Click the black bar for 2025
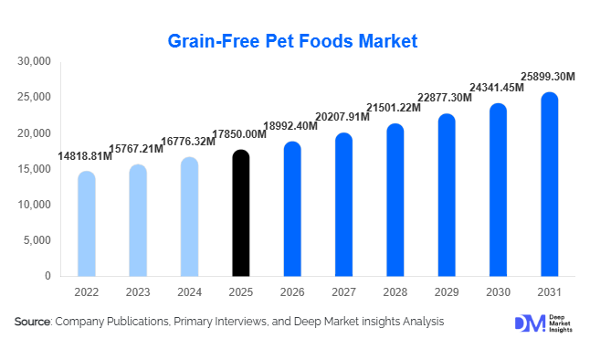tap(240, 214)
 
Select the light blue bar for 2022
tap(86, 224)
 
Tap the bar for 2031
tap(549, 185)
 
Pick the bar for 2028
tap(395, 200)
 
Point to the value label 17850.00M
tap(239, 135)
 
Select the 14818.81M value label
tap(85, 156)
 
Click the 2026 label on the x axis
tap(291, 291)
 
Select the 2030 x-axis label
tap(497, 291)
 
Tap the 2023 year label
tap(137, 291)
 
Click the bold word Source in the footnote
tap(32, 322)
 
